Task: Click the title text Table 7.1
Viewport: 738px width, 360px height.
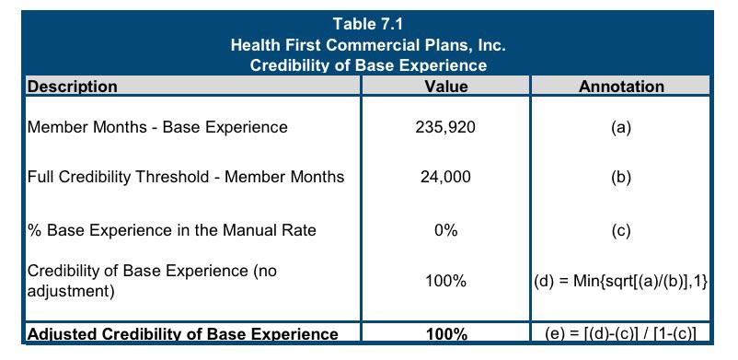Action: click(x=367, y=24)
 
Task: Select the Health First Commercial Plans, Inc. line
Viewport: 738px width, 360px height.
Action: click(x=368, y=46)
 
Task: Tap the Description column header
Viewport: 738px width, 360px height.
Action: click(x=73, y=87)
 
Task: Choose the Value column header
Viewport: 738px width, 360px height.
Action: click(x=445, y=87)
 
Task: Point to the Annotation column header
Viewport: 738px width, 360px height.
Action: click(x=621, y=87)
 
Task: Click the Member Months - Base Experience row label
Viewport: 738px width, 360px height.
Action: click(x=157, y=127)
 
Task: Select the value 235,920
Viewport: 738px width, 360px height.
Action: click(x=445, y=127)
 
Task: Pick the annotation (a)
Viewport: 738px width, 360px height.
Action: click(x=621, y=127)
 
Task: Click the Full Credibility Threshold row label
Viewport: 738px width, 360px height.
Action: click(x=186, y=177)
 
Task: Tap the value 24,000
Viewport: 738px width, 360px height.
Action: click(x=445, y=177)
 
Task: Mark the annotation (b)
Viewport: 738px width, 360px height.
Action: click(x=621, y=177)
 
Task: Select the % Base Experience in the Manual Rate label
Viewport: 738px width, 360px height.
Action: click(x=172, y=230)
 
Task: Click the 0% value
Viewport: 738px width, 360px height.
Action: click(x=445, y=230)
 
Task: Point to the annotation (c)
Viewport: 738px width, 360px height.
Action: click(x=621, y=230)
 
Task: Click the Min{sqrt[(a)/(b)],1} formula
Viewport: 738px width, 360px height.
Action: click(x=640, y=282)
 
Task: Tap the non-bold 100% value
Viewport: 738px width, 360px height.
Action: click(x=445, y=282)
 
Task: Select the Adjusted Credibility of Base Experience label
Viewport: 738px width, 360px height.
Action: click(x=182, y=334)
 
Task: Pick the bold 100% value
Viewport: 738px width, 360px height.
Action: click(x=445, y=334)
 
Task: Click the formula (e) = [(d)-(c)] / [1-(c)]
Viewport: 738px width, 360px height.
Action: click(x=621, y=334)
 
